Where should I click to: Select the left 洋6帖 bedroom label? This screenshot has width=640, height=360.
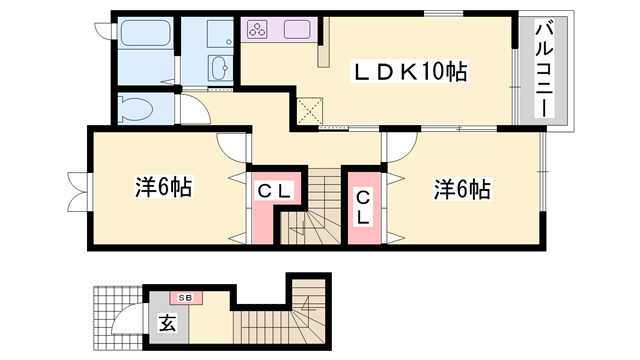[163, 187]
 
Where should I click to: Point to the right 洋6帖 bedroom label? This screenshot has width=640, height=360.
[461, 187]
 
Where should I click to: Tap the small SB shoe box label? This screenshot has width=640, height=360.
[186, 297]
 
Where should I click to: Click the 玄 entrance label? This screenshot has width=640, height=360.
[166, 324]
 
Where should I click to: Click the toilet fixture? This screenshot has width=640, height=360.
[134, 106]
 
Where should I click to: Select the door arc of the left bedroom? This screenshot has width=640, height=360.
[232, 148]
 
